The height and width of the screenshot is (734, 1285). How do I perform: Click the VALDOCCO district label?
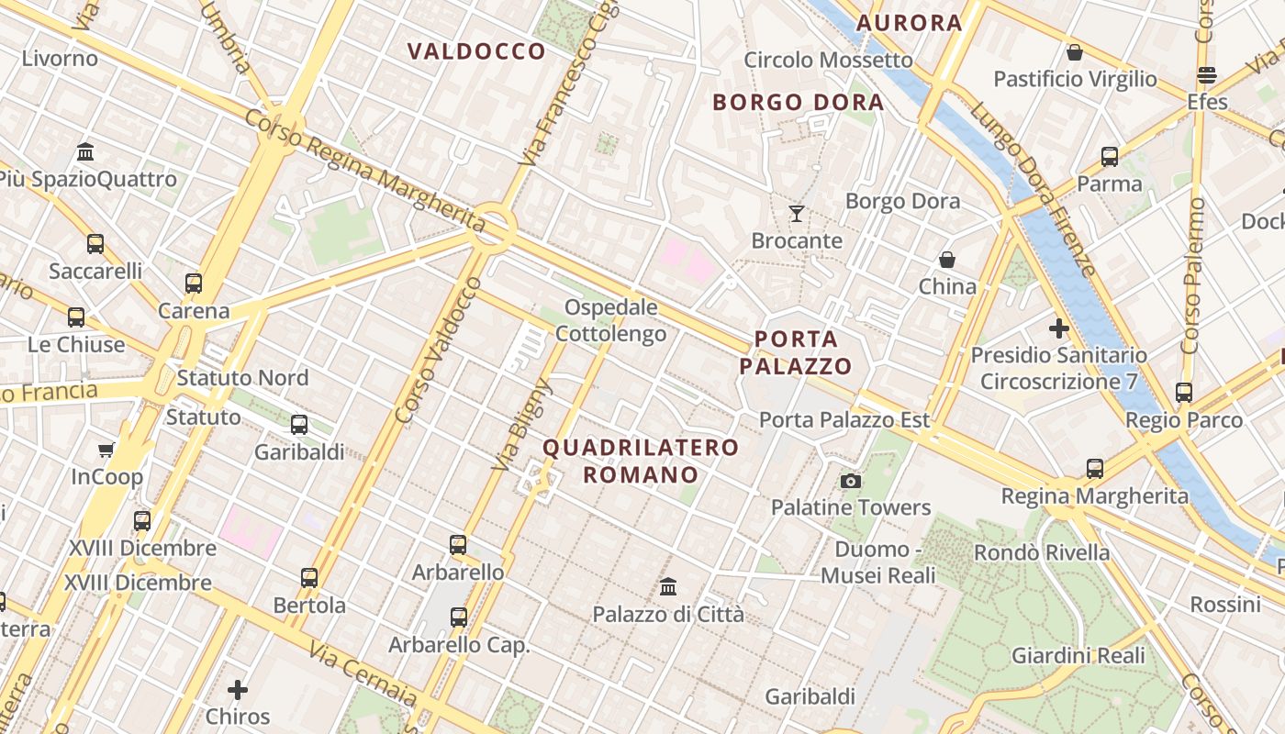tap(476, 51)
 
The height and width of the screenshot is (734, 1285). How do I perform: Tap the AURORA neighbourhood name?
tap(909, 23)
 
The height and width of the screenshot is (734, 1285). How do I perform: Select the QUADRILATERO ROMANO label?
tap(640, 461)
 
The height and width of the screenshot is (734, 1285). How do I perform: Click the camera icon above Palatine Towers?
tap(851, 482)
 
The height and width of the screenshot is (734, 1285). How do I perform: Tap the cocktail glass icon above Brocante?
tap(796, 214)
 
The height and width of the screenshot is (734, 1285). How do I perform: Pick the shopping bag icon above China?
tap(947, 261)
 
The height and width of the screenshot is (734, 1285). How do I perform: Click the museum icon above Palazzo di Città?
tap(668, 586)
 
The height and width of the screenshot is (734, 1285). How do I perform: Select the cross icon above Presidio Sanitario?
tap(1059, 328)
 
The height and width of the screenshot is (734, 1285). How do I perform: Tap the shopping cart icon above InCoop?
tap(106, 450)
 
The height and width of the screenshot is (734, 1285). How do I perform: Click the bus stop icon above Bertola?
tap(309, 578)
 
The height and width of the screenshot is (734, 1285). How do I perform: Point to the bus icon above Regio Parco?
tap(1184, 393)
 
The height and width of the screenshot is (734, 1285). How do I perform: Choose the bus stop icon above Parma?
tap(1109, 157)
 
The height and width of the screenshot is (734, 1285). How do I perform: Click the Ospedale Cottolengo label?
tap(610, 320)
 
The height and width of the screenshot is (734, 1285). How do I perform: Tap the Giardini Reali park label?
tap(1078, 656)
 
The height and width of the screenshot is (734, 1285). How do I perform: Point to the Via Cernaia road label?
tap(363, 673)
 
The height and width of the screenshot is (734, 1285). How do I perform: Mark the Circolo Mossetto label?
tap(828, 61)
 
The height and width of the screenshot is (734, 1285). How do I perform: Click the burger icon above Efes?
tap(1207, 75)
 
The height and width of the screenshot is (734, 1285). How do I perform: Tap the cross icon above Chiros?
tap(238, 689)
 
